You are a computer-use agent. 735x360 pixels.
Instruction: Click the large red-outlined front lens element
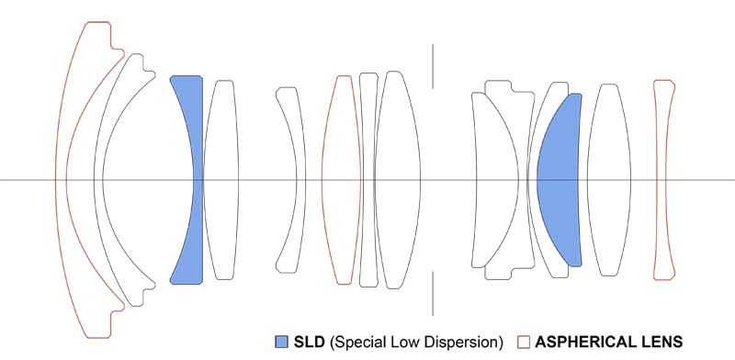61,180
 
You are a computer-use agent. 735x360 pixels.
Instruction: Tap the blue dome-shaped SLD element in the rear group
560,180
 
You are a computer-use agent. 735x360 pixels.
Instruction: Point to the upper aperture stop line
433,66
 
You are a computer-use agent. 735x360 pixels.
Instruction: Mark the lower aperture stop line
433,294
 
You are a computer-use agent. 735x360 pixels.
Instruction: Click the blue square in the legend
281,342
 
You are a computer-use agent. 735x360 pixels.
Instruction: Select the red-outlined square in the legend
524,342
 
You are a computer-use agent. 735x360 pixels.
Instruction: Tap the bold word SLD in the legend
309,342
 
